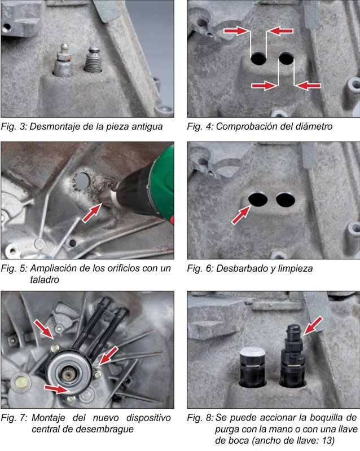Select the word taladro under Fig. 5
[45, 280]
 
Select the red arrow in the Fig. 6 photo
[242, 215]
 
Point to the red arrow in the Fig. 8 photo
[313, 326]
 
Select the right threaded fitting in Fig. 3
[93, 60]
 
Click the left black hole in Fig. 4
[258, 59]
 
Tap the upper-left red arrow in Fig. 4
[236, 30]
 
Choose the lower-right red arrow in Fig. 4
[309, 86]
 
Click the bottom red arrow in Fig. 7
[56, 389]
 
